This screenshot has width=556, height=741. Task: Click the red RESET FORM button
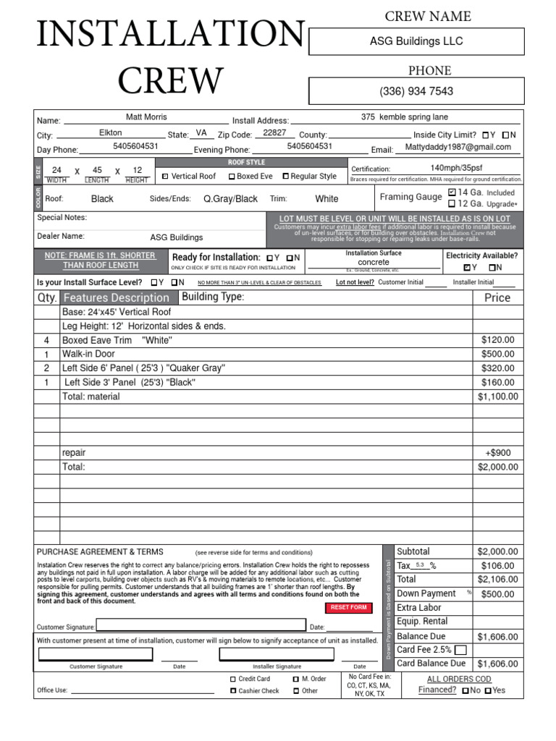[x=348, y=608]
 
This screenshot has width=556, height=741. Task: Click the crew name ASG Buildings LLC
[x=416, y=41]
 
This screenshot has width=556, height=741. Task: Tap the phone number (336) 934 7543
[x=416, y=91]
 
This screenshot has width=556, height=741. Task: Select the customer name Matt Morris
[x=146, y=117]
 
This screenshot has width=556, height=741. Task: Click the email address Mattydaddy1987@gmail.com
[x=458, y=147]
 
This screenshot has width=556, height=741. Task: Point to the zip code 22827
[x=274, y=133]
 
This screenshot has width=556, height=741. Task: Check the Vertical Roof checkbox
[x=165, y=177]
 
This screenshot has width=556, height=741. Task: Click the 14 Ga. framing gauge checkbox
[x=452, y=192]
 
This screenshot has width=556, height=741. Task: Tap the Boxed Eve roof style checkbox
[x=232, y=177]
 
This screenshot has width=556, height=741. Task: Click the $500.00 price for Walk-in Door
[x=497, y=354]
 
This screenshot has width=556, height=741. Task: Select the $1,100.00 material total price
[x=497, y=397]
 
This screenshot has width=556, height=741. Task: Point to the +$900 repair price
[x=497, y=453]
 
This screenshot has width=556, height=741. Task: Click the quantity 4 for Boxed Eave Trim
[x=46, y=340]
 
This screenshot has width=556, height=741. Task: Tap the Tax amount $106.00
[x=497, y=566]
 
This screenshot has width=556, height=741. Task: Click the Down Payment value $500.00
[x=497, y=594]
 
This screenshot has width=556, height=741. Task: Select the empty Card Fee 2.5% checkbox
[x=460, y=650]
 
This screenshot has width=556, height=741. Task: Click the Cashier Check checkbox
[x=232, y=691]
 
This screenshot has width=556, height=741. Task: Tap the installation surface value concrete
[x=374, y=262]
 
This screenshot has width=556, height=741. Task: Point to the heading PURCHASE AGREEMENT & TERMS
[x=100, y=551]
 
